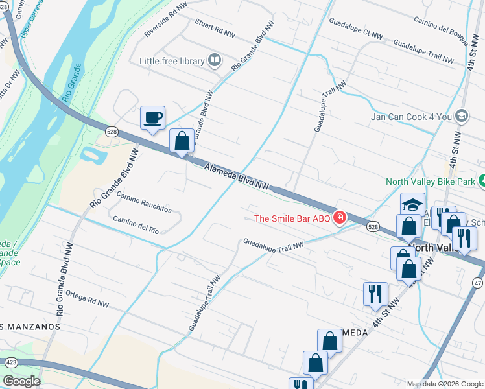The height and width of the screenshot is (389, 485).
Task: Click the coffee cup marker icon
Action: (152, 118)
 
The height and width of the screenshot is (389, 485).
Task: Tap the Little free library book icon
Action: (215, 62)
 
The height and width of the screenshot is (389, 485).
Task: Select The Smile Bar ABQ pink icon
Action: (338, 218)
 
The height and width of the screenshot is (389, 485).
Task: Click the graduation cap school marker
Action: (412, 204)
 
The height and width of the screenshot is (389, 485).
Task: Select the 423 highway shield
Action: (11, 363)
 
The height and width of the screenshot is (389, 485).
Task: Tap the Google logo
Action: (21, 381)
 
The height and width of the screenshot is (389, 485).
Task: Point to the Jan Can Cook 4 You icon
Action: (462, 117)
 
